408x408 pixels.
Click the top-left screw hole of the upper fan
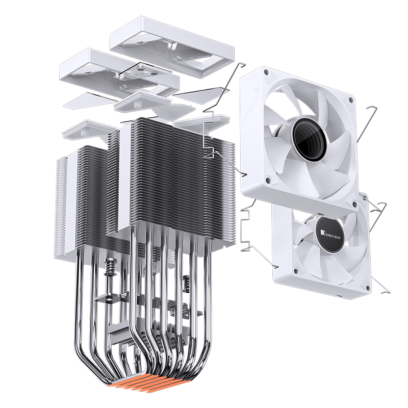(266, 73)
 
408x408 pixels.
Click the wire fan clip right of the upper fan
(367, 125)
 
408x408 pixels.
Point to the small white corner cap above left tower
(82, 130)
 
